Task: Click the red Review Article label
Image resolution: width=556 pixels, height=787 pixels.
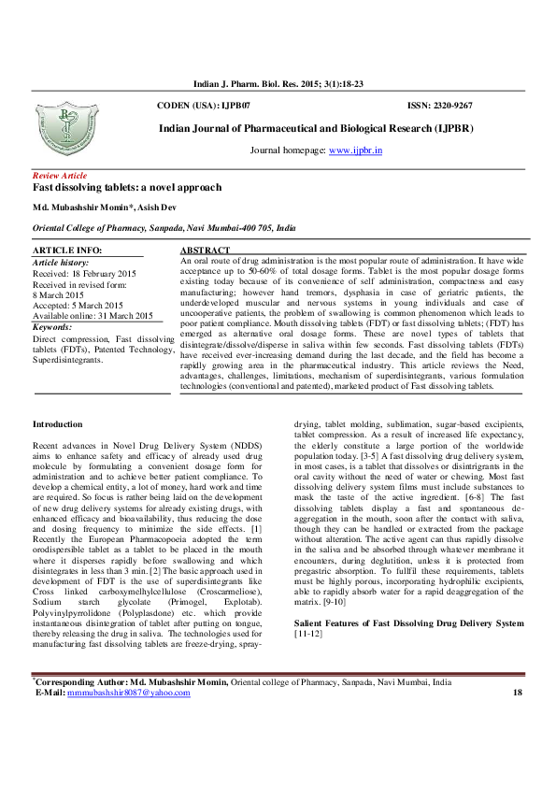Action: [60, 176]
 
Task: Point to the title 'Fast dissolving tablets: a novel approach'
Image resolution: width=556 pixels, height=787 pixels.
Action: [122, 188]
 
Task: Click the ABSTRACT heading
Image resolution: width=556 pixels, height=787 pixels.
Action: [204, 251]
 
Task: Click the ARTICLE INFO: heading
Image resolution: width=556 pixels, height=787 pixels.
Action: [67, 251]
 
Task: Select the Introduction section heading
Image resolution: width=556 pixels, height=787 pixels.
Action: [58, 424]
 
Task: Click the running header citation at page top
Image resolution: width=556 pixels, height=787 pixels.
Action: [278, 84]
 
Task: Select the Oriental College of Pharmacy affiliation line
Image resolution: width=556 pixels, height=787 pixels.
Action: [164, 227]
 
